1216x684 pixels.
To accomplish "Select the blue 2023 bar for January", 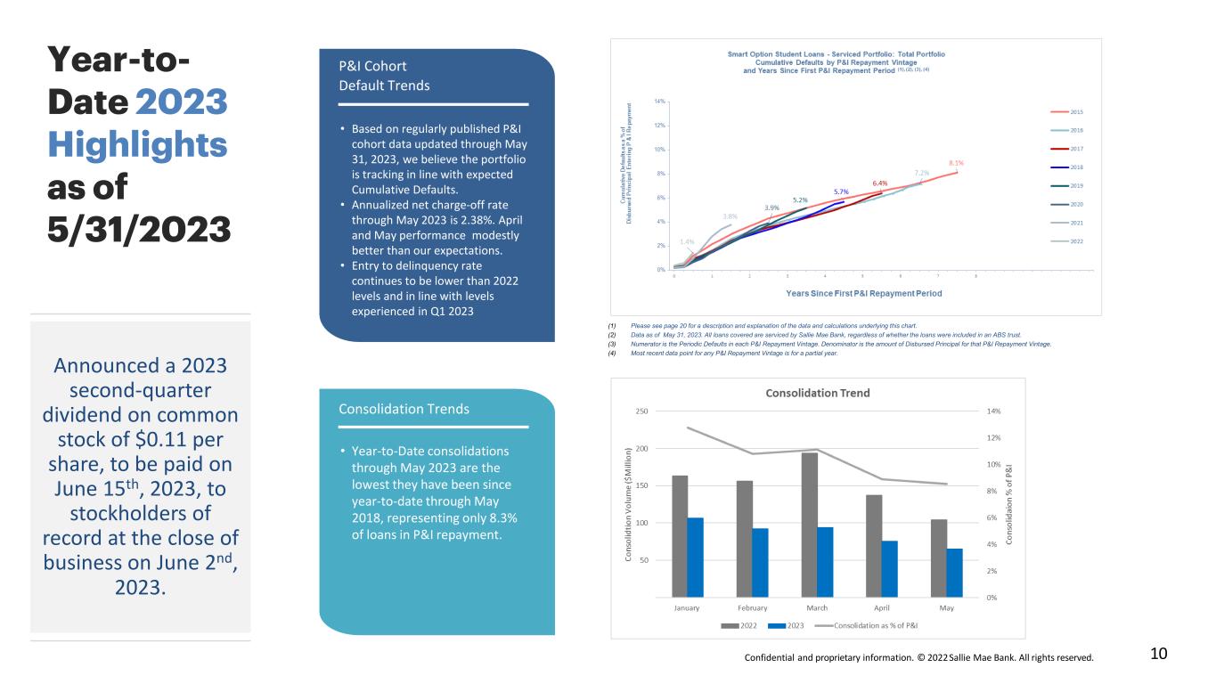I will (695, 557).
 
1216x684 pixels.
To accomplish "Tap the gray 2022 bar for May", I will (939, 558).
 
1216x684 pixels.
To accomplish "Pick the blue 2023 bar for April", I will (890, 568).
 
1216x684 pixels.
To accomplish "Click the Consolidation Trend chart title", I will (818, 393).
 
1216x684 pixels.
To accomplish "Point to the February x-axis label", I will (752, 608).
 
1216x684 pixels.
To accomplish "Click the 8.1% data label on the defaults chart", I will (956, 163).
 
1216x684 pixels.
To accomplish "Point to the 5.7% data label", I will (841, 191).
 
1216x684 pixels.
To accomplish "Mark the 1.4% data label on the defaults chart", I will (687, 241).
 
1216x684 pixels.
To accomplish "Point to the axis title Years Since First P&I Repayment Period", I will (863, 293).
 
